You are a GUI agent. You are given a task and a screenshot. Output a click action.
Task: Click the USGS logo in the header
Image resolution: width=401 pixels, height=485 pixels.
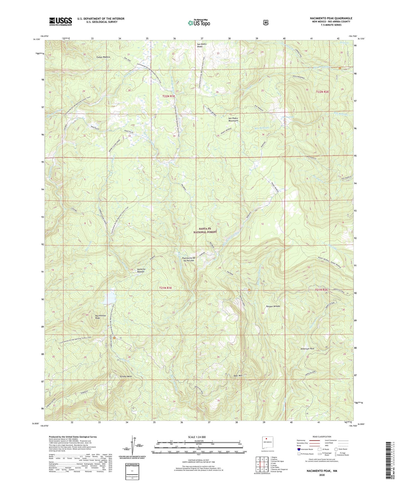pyautogui.click(x=60, y=21)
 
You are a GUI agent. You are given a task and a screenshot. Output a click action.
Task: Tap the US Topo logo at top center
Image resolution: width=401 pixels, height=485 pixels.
pyautogui.click(x=199, y=23)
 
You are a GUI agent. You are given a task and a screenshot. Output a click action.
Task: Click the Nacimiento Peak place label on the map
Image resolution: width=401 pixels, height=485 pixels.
pyautogui.click(x=101, y=317)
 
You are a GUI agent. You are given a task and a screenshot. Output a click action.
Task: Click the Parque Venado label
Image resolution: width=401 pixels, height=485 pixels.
pyautogui.click(x=273, y=306)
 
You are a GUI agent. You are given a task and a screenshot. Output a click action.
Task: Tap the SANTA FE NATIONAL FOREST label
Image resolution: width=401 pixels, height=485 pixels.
pyautogui.click(x=205, y=231)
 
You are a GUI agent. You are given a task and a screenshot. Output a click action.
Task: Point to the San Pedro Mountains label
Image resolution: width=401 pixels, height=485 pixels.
pyautogui.click(x=233, y=119)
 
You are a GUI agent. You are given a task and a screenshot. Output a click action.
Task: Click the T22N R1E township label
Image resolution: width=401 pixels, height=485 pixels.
pyautogui.click(x=168, y=96)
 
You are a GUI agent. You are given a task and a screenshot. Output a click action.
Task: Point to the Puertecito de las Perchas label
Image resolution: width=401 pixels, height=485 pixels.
pyautogui.click(x=189, y=259)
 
